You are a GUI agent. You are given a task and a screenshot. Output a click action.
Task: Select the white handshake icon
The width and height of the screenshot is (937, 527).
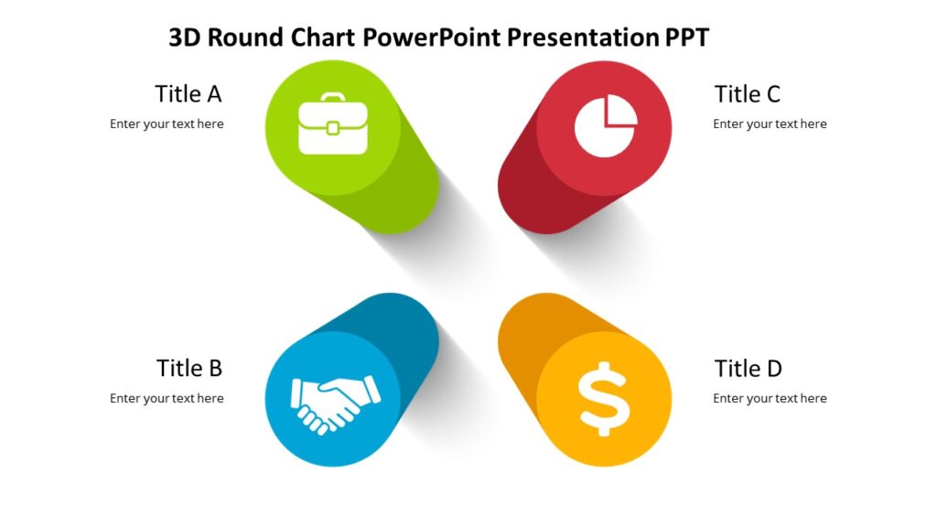[x=335, y=403]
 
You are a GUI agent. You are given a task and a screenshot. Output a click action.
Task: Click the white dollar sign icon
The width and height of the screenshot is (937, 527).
[x=604, y=398]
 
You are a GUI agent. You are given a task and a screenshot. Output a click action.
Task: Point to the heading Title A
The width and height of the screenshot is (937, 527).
[x=188, y=94]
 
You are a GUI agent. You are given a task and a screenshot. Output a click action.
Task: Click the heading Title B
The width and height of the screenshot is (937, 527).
[x=189, y=368]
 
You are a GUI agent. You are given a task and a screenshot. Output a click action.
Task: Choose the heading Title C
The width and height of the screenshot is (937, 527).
[x=748, y=94]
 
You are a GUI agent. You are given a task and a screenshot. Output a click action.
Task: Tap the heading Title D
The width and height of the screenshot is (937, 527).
[x=749, y=369]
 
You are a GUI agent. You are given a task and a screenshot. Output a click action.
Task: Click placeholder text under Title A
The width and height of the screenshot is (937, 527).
[x=167, y=124]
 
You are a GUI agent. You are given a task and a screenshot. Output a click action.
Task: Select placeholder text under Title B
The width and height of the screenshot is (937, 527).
[x=167, y=399]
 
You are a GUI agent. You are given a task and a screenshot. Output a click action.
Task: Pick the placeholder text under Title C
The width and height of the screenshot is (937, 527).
[x=770, y=124]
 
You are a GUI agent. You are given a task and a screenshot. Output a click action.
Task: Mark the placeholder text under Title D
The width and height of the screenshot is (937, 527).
[x=770, y=399]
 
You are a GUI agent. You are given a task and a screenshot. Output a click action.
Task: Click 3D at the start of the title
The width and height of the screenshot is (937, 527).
[x=185, y=38]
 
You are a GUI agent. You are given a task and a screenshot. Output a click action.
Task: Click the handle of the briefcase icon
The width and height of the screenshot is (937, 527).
[x=332, y=98]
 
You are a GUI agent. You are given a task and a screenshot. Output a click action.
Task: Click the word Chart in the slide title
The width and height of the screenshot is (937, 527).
[x=324, y=38]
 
